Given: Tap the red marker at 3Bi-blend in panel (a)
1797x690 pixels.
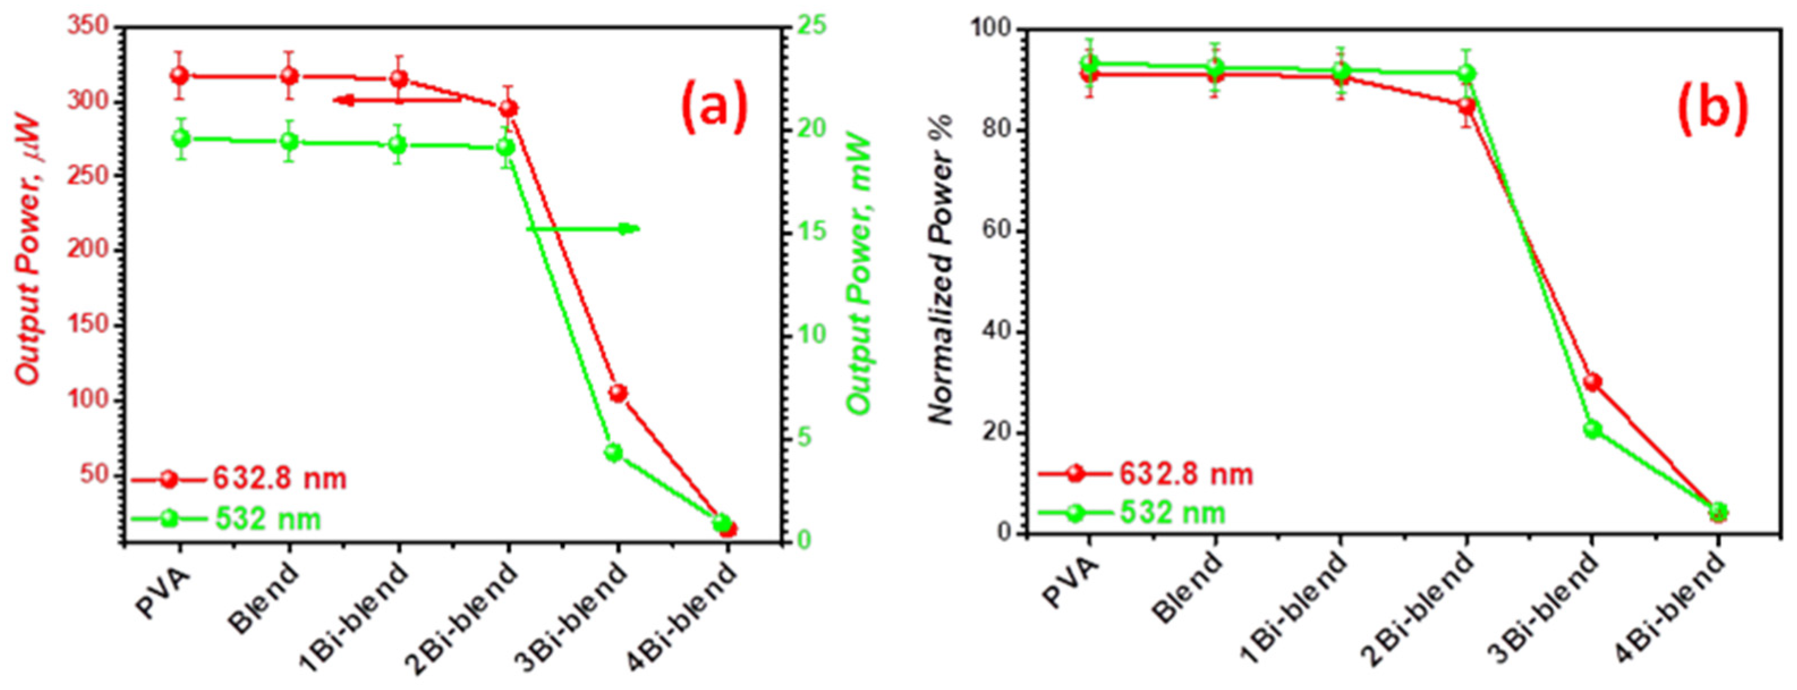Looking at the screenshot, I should [x=617, y=393].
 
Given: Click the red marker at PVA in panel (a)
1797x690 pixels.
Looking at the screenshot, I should [x=180, y=75].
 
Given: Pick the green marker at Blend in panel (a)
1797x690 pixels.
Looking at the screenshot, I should [x=289, y=142].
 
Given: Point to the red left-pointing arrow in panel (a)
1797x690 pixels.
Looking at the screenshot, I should [x=398, y=100].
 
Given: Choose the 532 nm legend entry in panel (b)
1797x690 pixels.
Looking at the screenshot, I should [x=1172, y=513].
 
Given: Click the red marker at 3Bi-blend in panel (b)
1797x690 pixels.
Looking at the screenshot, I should [x=1592, y=382].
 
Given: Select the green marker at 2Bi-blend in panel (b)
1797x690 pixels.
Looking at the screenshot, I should [x=1467, y=73].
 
